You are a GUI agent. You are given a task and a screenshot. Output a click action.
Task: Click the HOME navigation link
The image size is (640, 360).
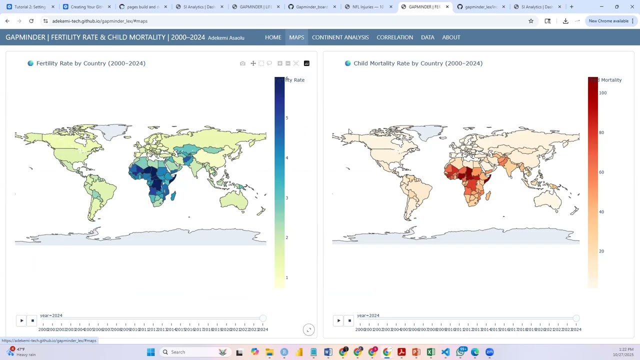pyautogui.click(x=273, y=37)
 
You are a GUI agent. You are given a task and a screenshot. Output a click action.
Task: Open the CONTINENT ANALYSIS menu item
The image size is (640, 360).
pyautogui.click(x=340, y=37)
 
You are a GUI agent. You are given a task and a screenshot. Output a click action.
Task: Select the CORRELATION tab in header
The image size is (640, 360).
pyautogui.click(x=394, y=37)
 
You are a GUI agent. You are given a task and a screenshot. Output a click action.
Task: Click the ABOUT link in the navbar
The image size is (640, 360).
pyautogui.click(x=451, y=37)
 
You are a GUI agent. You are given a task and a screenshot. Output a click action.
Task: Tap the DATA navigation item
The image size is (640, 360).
pyautogui.click(x=427, y=37)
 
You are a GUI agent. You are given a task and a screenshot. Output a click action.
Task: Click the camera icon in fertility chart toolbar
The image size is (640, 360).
pyautogui.click(x=242, y=63)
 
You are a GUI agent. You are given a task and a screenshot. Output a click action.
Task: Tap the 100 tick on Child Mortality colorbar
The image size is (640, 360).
pyautogui.click(x=602, y=93)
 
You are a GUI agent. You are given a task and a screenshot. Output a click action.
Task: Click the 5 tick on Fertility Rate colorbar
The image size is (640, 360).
pyautogui.click(x=287, y=118)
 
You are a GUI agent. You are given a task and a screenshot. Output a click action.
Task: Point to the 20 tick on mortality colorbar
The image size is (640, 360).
pyautogui.click(x=601, y=251)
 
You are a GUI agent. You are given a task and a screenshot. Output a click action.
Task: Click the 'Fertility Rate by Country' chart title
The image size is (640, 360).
pyautogui.click(x=90, y=63)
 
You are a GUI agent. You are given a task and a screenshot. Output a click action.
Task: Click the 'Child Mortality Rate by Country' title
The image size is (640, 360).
pyautogui.click(x=417, y=63)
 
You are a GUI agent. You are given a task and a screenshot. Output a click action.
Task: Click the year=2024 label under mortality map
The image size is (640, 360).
pyautogui.click(x=368, y=315)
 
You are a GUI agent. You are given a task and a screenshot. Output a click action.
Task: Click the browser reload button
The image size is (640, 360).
pyautogui.click(x=31, y=21)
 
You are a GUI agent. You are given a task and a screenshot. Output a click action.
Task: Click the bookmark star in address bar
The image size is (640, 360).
pyautogui.click(x=531, y=21)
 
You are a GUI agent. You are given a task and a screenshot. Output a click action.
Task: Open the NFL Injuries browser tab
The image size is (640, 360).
pyautogui.click(x=367, y=7)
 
